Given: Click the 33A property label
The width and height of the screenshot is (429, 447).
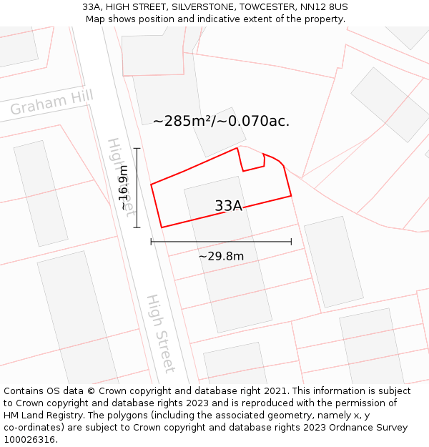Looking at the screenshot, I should [228, 206].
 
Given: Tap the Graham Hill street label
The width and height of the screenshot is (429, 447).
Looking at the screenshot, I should [51, 103].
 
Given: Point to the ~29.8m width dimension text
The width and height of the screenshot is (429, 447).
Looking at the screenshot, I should [221, 256].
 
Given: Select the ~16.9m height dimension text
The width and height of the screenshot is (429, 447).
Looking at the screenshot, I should [124, 187].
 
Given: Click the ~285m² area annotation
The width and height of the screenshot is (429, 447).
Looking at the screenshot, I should [221, 121].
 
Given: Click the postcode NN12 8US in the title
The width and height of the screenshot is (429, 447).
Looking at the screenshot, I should [325, 7].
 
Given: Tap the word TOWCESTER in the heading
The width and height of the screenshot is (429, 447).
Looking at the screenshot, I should [265, 7].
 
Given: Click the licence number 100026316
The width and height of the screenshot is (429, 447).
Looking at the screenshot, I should [31, 439].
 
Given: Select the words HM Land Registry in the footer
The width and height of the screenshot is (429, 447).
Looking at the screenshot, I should [40, 415].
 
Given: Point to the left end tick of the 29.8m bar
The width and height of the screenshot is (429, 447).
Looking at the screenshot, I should [151, 242].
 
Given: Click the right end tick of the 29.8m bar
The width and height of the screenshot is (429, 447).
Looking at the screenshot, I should [291, 242].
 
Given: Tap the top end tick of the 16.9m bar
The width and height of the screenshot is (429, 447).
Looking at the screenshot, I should [137, 148].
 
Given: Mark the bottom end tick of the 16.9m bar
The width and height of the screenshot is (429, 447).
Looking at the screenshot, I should [137, 228].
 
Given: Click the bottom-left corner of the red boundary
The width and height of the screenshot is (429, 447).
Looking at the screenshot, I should [162, 227].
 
